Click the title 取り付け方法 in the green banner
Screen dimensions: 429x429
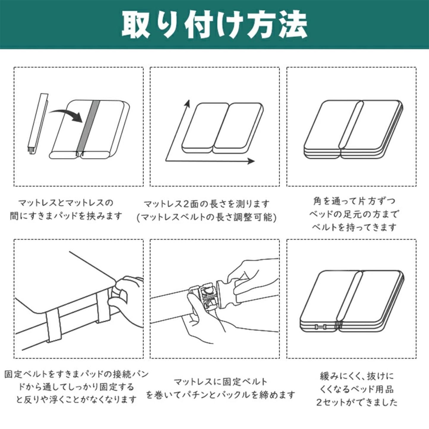(214, 25)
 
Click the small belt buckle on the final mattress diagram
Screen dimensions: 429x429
(321, 327)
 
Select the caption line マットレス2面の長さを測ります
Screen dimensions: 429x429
(207, 204)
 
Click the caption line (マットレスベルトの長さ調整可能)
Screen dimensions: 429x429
(207, 218)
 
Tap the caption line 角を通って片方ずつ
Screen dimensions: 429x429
(354, 201)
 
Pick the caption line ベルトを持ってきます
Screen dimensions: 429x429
(354, 227)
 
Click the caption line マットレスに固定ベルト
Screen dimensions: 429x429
(220, 381)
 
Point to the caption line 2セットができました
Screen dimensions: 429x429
(357, 403)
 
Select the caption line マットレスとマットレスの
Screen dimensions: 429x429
(66, 203)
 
